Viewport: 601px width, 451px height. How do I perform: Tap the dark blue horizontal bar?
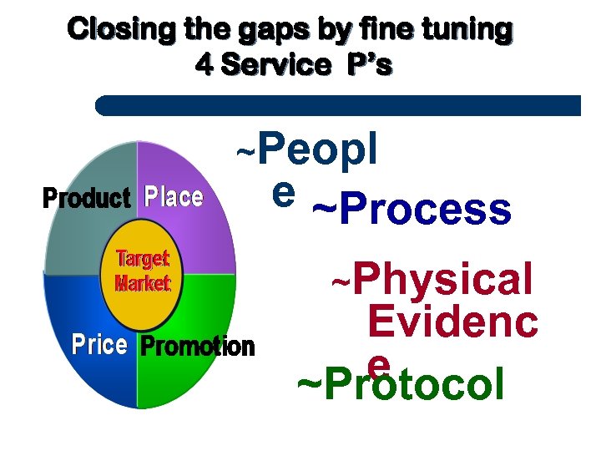(x=338, y=105)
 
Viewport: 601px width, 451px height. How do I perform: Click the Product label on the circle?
(x=86, y=199)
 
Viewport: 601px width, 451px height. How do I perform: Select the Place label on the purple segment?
(x=173, y=198)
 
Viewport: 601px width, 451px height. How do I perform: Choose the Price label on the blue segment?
(x=98, y=345)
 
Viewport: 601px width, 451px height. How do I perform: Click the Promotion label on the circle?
(x=197, y=347)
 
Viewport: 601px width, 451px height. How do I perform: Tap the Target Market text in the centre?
(x=142, y=271)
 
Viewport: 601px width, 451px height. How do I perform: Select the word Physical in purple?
(x=442, y=280)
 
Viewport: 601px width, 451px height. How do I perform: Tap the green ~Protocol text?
(x=401, y=385)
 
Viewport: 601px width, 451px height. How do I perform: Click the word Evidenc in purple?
(x=452, y=322)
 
